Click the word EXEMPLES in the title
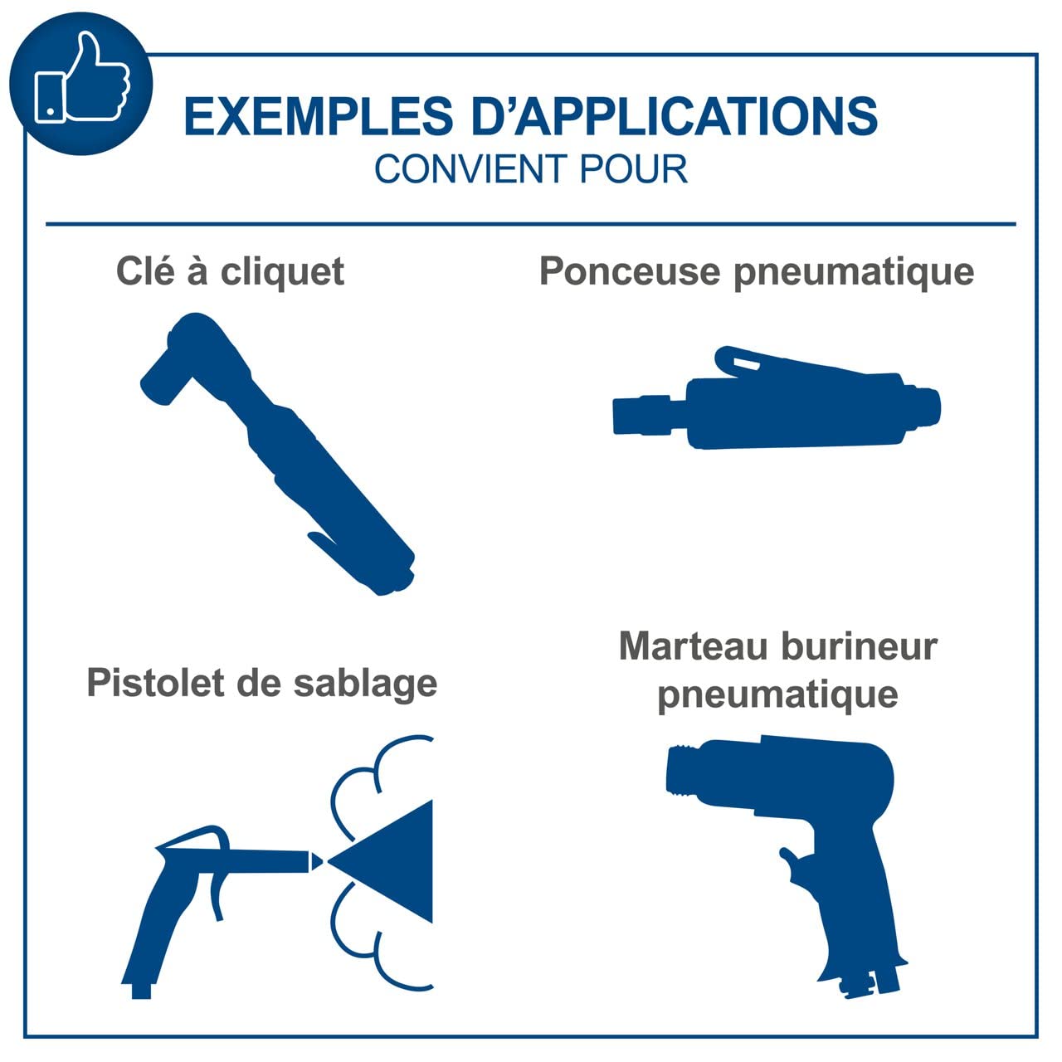[319, 116]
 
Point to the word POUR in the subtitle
[634, 168]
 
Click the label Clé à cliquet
[231, 272]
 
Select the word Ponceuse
[630, 271]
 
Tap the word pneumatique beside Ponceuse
[855, 274]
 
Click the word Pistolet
[156, 684]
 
